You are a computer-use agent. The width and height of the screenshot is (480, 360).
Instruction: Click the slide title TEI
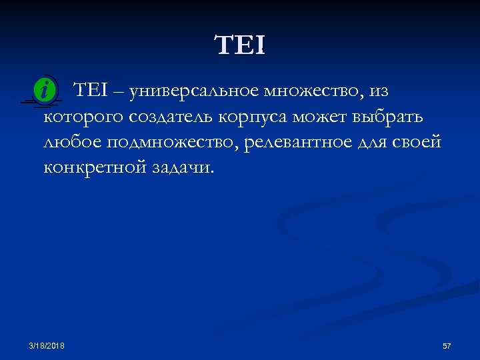pos(240,46)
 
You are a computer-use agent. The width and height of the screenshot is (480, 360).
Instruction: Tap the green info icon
pos(44,91)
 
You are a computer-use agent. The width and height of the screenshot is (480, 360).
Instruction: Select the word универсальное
pos(195,91)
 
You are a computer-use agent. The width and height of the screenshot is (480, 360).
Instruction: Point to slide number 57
pos(447,346)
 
